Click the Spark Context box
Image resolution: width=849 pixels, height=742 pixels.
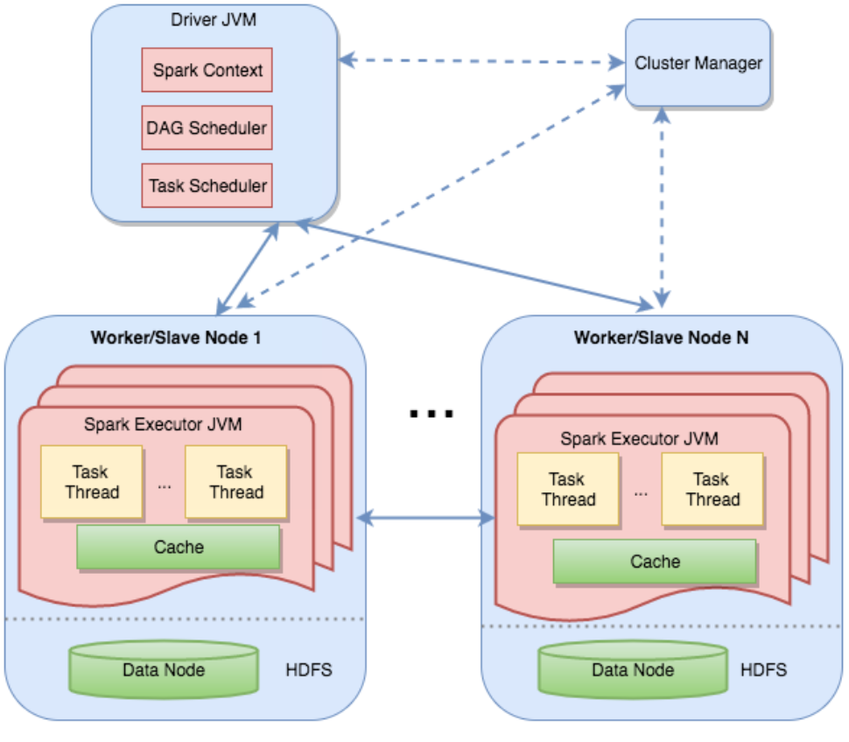pyautogui.click(x=207, y=70)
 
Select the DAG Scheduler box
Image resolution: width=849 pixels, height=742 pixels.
pyautogui.click(x=207, y=128)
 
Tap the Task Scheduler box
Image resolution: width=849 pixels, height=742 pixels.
pyautogui.click(x=207, y=186)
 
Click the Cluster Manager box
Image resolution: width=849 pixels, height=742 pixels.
pyautogui.click(x=698, y=64)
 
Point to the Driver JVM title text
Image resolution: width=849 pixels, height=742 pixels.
pyautogui.click(x=214, y=19)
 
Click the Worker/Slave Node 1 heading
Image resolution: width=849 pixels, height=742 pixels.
pyautogui.click(x=176, y=337)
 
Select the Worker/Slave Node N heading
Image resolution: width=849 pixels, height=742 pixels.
pyautogui.click(x=661, y=337)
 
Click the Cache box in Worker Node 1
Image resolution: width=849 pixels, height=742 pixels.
pyautogui.click(x=179, y=548)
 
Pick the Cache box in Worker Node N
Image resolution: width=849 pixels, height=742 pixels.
pyautogui.click(x=655, y=562)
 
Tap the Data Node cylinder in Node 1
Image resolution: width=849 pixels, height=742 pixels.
pyautogui.click(x=165, y=670)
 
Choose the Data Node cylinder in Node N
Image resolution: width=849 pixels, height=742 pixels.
pyautogui.click(x=633, y=670)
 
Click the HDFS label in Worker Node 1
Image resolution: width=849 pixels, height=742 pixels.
pyautogui.click(x=309, y=671)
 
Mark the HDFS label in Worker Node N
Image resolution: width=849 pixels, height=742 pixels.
pyautogui.click(x=763, y=670)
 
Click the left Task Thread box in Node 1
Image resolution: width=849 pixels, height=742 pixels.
pyautogui.click(x=91, y=482)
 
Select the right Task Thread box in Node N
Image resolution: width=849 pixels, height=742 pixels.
pyautogui.click(x=712, y=489)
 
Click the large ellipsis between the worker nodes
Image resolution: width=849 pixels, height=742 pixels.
pyautogui.click(x=432, y=413)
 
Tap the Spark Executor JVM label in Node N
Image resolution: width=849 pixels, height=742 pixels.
pyautogui.click(x=639, y=439)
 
